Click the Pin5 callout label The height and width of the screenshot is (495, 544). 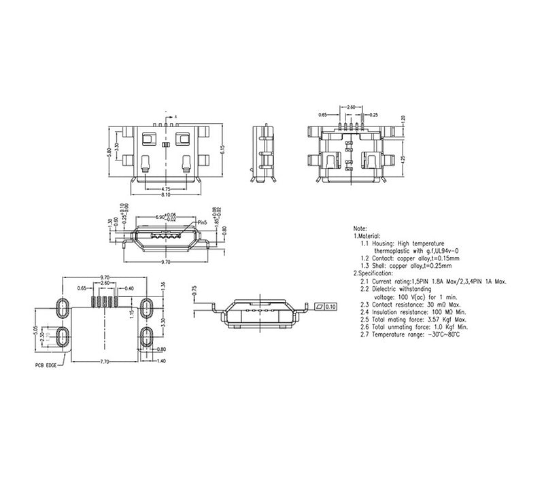[x=201, y=222]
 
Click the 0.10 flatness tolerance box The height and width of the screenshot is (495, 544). [x=330, y=307]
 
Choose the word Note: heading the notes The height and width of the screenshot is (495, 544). [x=360, y=228]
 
